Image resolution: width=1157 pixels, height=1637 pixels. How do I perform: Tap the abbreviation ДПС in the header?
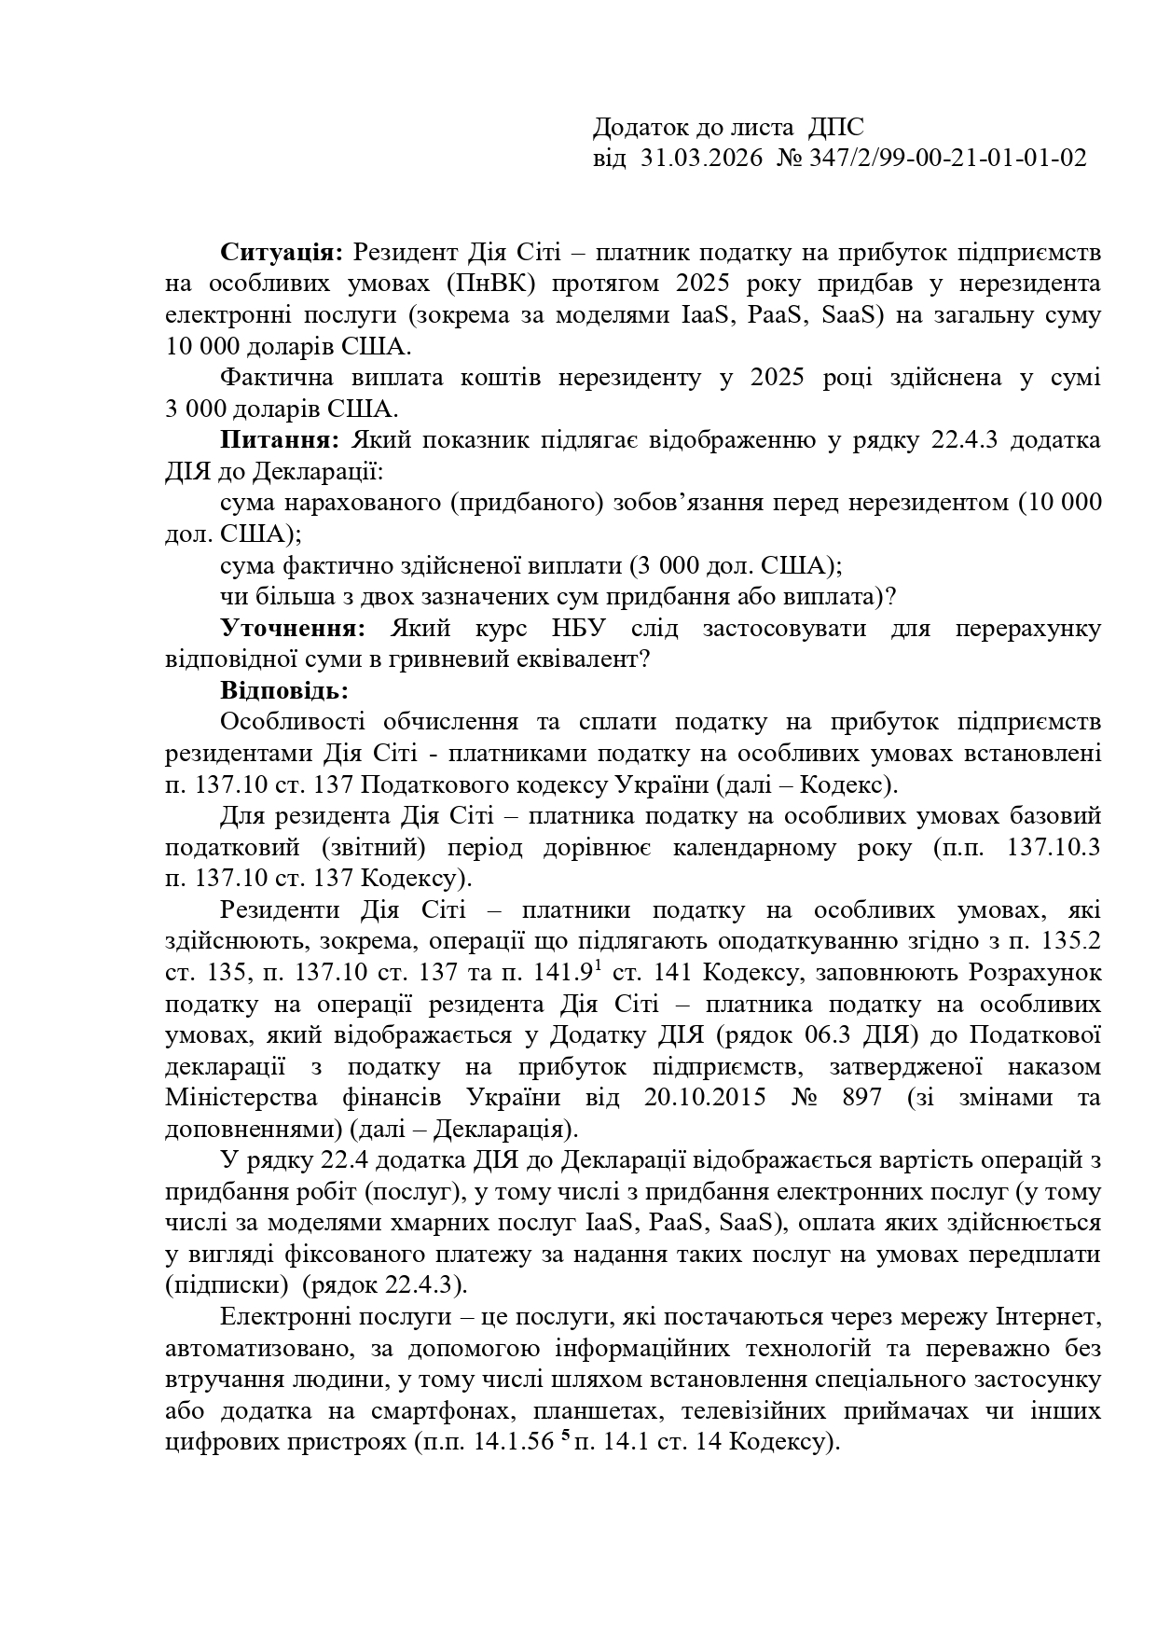(836, 127)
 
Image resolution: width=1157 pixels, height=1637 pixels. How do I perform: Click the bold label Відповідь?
(284, 690)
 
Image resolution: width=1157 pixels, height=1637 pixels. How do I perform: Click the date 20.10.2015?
(705, 1097)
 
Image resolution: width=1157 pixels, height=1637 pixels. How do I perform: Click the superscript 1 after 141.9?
(598, 966)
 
